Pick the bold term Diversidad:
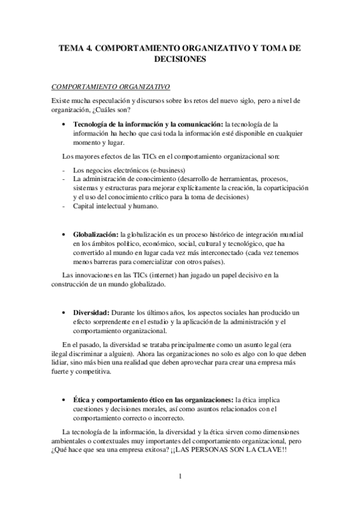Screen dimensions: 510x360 [90, 313]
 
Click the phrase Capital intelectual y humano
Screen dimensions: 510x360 [115, 206]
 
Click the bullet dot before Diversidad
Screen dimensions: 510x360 [65, 314]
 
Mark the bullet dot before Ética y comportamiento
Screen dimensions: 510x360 [65, 401]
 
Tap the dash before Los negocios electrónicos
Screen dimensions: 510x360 [64, 170]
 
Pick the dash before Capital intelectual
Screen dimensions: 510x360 [64, 206]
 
